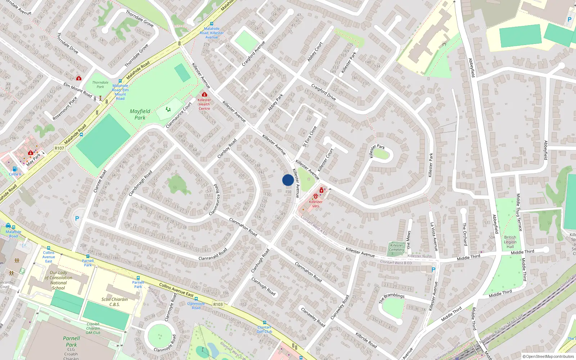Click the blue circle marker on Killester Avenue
tap(288, 180)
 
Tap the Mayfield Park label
tap(140, 114)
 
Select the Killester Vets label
tap(315, 204)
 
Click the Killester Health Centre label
tap(204, 104)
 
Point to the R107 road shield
tap(59, 148)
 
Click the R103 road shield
tap(218, 304)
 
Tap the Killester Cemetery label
tap(396, 248)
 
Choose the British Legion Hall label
tap(510, 242)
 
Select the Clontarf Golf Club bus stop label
tap(265, 329)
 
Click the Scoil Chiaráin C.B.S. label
tap(114, 302)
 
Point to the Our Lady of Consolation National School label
tap(58, 280)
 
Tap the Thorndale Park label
tap(100, 85)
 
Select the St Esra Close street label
tap(310, 136)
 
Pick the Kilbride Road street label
tap(366, 340)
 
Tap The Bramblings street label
tap(392, 298)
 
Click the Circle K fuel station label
tap(15, 174)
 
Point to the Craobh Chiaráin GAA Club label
tap(93, 328)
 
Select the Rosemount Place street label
tap(65, 108)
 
